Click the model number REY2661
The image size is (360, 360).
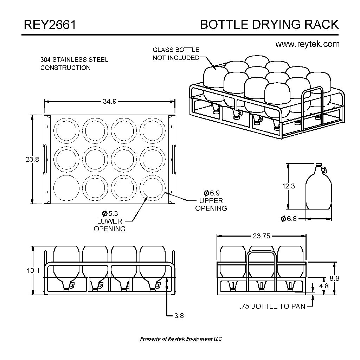[x=50, y=25]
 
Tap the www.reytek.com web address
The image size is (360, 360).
[x=307, y=44]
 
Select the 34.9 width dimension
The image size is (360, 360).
[x=110, y=101]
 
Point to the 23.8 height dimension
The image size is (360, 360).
[x=32, y=159]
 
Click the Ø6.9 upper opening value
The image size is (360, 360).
[x=211, y=193]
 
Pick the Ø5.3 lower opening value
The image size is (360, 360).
[x=110, y=213]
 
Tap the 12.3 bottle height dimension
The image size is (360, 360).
[x=288, y=186]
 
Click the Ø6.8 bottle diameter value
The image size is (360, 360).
[x=289, y=219]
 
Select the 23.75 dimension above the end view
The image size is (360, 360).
[x=262, y=236]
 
